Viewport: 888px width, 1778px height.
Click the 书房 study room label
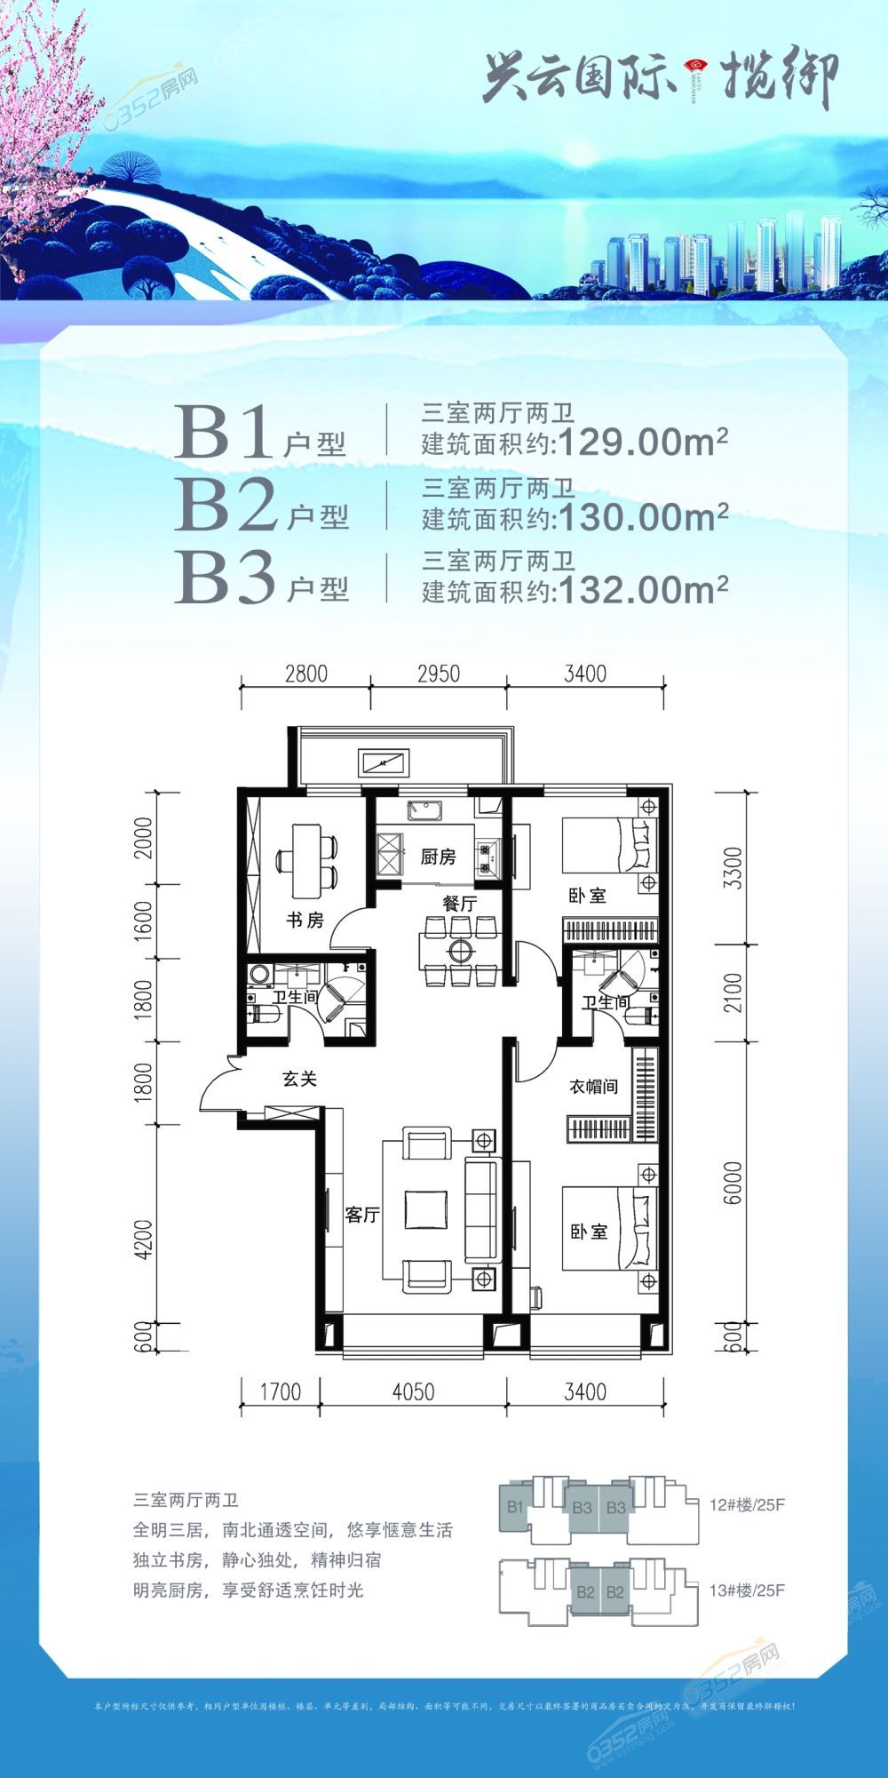coord(304,921)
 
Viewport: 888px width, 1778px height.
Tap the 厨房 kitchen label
coord(438,857)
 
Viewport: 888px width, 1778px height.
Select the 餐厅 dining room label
coord(460,903)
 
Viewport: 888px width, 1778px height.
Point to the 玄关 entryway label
coord(299,1080)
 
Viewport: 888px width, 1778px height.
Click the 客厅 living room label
coord(362,1215)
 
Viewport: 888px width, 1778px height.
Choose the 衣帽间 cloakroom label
coord(593,1087)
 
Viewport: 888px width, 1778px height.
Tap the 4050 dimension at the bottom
coord(413,1391)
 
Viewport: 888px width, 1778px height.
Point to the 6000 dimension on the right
coord(733,1184)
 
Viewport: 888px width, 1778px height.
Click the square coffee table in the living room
coord(424,1210)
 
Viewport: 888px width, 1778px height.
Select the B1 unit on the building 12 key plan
coord(515,1507)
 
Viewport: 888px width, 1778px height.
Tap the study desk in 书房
coord(307,861)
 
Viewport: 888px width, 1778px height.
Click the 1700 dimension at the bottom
coord(281,1391)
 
